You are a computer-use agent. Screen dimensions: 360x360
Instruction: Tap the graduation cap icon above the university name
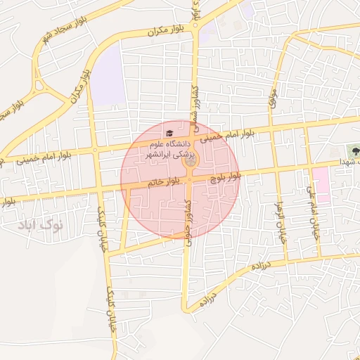tap(168, 132)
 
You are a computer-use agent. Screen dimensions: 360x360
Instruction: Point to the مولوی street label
tap(273, 98)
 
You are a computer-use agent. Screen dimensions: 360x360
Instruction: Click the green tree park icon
tap(352, 150)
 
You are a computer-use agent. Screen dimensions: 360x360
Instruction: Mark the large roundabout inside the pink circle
tap(190, 162)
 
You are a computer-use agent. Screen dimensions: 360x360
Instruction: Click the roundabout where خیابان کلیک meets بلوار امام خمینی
tap(96, 150)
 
